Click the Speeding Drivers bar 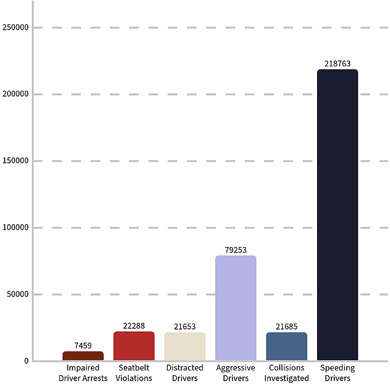tap(337, 215)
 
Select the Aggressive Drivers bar tap(235, 308)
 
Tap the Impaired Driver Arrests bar tap(83, 356)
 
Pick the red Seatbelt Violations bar tap(134, 346)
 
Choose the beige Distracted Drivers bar tap(185, 346)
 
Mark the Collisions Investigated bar tap(286, 346)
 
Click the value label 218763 tap(337, 63)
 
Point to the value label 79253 tap(235, 250)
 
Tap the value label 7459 tap(83, 346)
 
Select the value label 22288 tap(134, 325)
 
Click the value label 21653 tap(185, 327)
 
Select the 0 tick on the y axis tap(25, 361)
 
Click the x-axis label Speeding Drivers tap(337, 373)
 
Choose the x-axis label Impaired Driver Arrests tap(83, 373)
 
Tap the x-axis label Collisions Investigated tap(286, 373)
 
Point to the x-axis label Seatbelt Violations tap(134, 373)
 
